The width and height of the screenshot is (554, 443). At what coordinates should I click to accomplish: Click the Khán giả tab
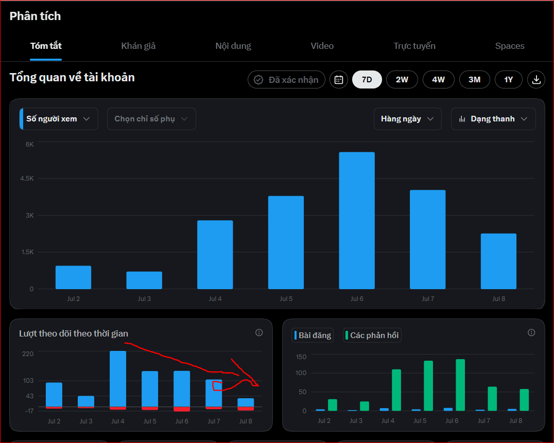click(x=138, y=46)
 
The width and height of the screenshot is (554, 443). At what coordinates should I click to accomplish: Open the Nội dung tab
click(x=233, y=46)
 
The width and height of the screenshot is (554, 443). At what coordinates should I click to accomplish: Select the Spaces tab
click(x=510, y=46)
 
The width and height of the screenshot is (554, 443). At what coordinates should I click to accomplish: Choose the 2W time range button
click(x=402, y=79)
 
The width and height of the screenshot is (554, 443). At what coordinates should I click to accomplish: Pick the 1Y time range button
click(x=508, y=79)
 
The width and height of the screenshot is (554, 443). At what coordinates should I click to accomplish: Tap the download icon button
click(x=536, y=79)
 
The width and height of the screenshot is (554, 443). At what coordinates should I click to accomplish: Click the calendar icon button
click(x=338, y=79)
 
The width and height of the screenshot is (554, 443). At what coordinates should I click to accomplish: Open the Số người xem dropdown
click(x=59, y=119)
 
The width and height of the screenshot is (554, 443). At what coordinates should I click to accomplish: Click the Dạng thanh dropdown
click(x=493, y=119)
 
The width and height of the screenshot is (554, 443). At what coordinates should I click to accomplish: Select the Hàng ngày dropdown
click(x=407, y=119)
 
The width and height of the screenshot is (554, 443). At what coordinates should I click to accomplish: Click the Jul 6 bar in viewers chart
click(x=357, y=221)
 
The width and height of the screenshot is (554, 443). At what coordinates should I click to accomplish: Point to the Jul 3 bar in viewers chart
click(x=144, y=280)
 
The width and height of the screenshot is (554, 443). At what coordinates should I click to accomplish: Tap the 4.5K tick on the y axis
click(x=27, y=179)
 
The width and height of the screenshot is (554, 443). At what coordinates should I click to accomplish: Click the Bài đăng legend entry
click(x=313, y=335)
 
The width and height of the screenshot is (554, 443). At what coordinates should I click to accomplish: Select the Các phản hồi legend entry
click(x=372, y=335)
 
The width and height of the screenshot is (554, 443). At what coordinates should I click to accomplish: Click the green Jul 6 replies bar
click(x=460, y=385)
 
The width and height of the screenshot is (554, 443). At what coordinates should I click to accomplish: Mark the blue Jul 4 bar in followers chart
click(x=118, y=379)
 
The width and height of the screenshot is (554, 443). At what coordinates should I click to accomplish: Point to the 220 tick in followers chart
click(x=28, y=353)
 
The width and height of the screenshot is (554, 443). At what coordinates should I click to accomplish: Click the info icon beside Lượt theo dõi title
click(x=259, y=332)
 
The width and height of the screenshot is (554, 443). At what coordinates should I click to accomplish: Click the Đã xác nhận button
click(x=287, y=79)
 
